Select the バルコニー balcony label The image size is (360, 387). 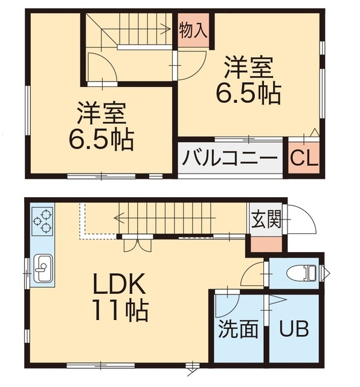(230, 159)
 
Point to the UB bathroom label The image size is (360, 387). (294, 330)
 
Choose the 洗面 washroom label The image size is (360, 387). (237, 330)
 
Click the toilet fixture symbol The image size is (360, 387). (305, 273)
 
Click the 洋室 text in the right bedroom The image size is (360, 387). (249, 67)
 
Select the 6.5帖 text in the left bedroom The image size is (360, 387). (101, 140)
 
